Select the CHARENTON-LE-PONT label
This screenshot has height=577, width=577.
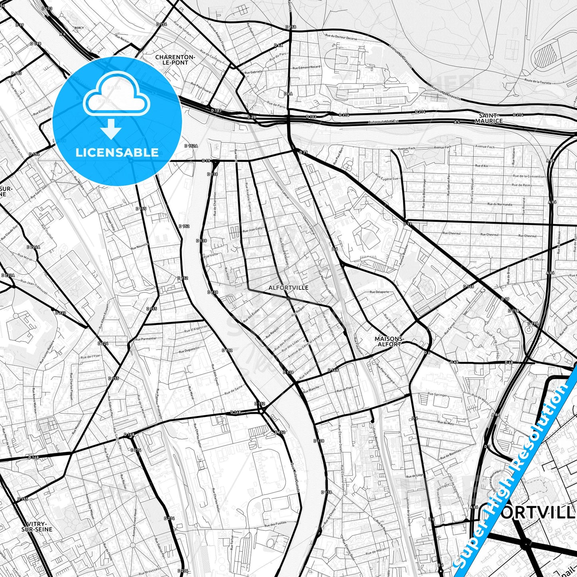[175, 59]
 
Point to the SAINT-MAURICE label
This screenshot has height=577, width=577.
[489, 118]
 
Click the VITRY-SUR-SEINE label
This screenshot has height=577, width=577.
[37, 527]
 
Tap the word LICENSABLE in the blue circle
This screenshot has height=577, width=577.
[117, 152]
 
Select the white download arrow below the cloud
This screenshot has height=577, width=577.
[111, 129]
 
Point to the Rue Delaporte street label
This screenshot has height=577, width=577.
[379, 291]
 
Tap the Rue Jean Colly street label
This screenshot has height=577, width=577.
[252, 229]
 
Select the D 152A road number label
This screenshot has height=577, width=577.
[191, 146]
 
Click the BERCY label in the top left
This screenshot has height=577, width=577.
[79, 28]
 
